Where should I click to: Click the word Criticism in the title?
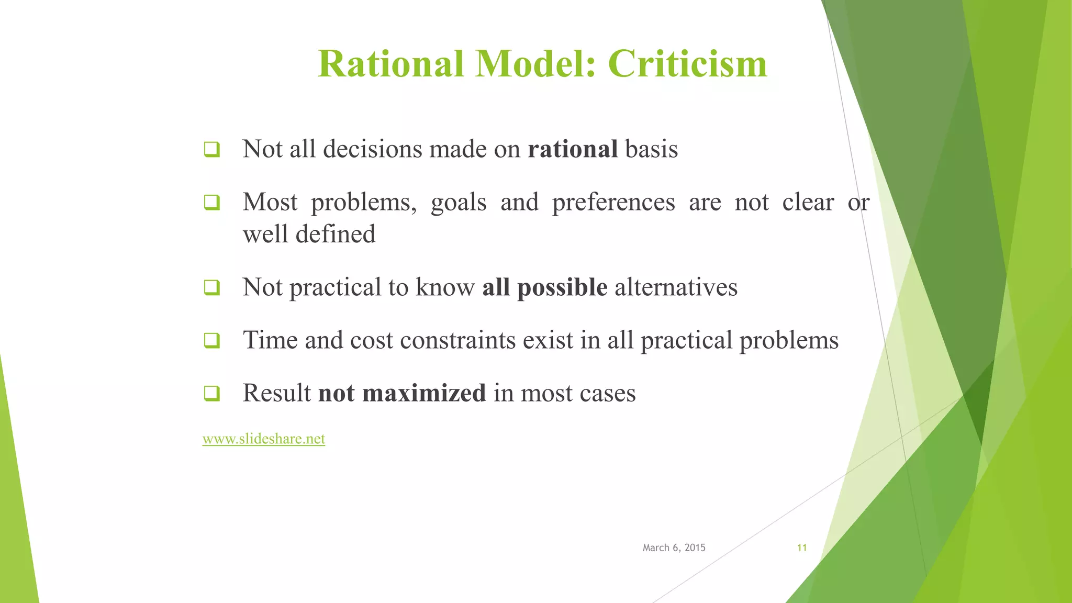tap(687, 64)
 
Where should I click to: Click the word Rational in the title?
tap(390, 64)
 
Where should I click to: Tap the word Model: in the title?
tap(535, 64)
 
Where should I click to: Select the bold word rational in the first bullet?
tap(573, 149)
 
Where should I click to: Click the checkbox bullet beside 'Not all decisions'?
tap(211, 150)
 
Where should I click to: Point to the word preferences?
tap(613, 202)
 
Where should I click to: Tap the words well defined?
tap(309, 234)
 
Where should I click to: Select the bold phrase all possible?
tap(544, 287)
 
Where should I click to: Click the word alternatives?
tap(676, 287)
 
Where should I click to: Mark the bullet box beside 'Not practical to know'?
tap(211, 288)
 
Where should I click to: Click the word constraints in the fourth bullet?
tap(457, 340)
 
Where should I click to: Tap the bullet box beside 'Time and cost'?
tap(211, 341)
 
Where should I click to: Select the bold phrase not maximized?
tap(402, 393)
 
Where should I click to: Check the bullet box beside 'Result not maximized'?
tap(211, 394)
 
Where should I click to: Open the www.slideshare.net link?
tap(263, 439)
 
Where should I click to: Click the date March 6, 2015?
tap(674, 548)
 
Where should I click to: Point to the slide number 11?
tap(801, 548)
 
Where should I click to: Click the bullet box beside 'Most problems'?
tap(211, 203)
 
